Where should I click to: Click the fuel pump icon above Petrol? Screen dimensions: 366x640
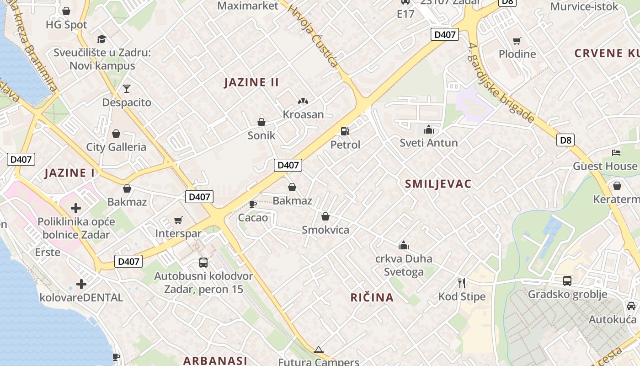345,131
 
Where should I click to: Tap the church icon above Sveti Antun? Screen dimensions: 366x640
428,129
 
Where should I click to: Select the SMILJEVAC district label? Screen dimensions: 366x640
438,184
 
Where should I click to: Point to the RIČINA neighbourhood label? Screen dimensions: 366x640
372,297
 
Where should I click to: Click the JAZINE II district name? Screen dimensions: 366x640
251,82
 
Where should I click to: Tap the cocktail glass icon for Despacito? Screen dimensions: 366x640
127,88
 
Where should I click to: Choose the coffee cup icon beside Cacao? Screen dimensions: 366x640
252,204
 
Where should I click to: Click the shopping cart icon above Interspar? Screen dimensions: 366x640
178,221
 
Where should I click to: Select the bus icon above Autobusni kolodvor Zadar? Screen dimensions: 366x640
203,263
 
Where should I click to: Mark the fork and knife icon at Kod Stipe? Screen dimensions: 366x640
462,283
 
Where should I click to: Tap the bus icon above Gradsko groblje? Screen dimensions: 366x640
567,280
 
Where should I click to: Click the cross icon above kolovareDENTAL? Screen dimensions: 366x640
81,284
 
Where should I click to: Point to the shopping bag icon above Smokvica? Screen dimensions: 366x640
325,216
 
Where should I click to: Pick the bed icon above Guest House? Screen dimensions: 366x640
617,152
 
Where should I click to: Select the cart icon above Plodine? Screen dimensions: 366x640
517,41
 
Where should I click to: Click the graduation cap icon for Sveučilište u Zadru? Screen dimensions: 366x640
101,39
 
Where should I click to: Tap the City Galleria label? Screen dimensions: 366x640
116,147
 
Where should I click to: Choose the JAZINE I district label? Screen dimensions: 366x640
70,173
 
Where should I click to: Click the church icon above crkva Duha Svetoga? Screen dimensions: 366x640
403,246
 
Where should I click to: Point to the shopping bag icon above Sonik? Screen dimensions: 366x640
261,122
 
